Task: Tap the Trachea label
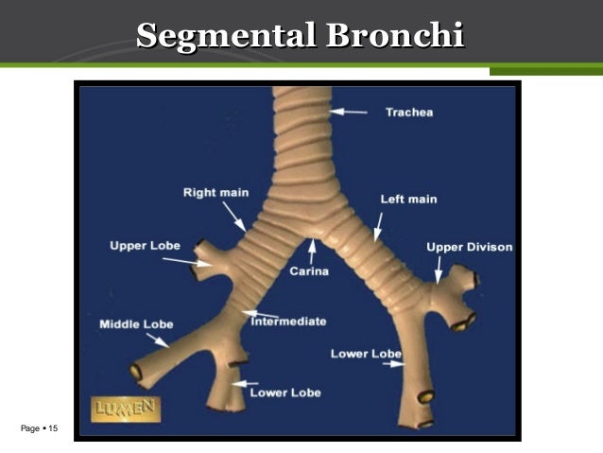(408, 113)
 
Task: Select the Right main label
(215, 193)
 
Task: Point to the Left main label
(408, 200)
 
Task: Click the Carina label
(309, 272)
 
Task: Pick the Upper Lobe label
(145, 246)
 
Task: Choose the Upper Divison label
(470, 247)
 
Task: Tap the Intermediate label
(288, 322)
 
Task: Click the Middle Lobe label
(137, 324)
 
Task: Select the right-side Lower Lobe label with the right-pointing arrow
(366, 354)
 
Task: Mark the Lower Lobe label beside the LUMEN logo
(285, 392)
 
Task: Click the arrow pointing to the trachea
(350, 112)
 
